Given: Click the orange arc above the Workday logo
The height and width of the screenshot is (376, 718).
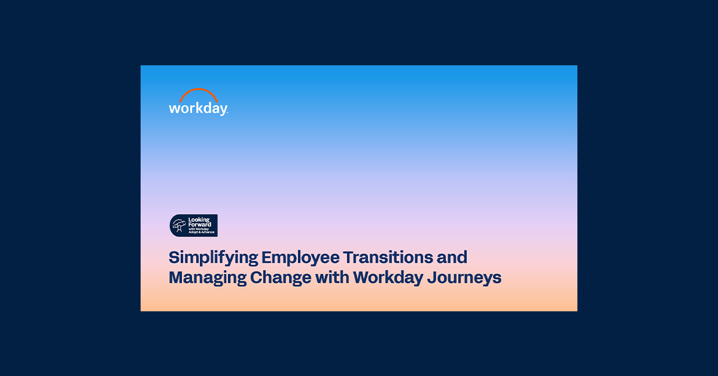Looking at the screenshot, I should (x=198, y=92).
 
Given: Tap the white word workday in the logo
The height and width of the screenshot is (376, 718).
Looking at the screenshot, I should (x=197, y=108).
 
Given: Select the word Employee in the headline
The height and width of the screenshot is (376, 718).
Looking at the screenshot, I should (x=300, y=258).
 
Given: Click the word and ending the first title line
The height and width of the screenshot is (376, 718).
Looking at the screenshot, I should (x=452, y=257).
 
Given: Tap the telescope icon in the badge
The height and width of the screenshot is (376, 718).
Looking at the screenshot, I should (x=178, y=225).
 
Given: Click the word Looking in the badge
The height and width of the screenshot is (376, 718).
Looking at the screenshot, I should (x=199, y=220).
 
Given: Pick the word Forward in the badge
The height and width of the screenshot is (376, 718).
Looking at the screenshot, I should (x=200, y=225).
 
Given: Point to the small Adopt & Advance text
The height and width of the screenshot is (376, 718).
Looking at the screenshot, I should (x=201, y=232).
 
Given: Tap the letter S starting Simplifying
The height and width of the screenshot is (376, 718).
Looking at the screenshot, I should (x=174, y=258).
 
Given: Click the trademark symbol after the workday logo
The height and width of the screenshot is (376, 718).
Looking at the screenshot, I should (x=227, y=113).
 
